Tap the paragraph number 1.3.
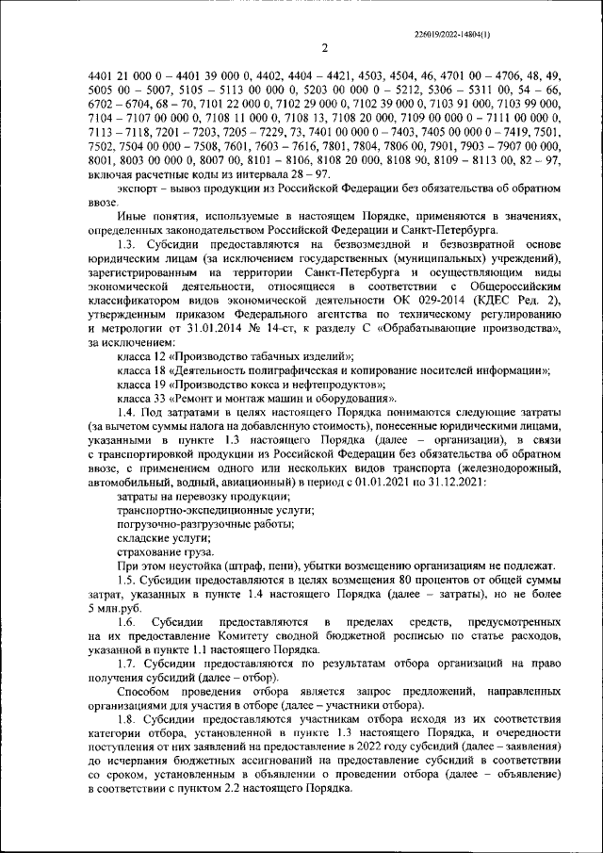tap(128, 245)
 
